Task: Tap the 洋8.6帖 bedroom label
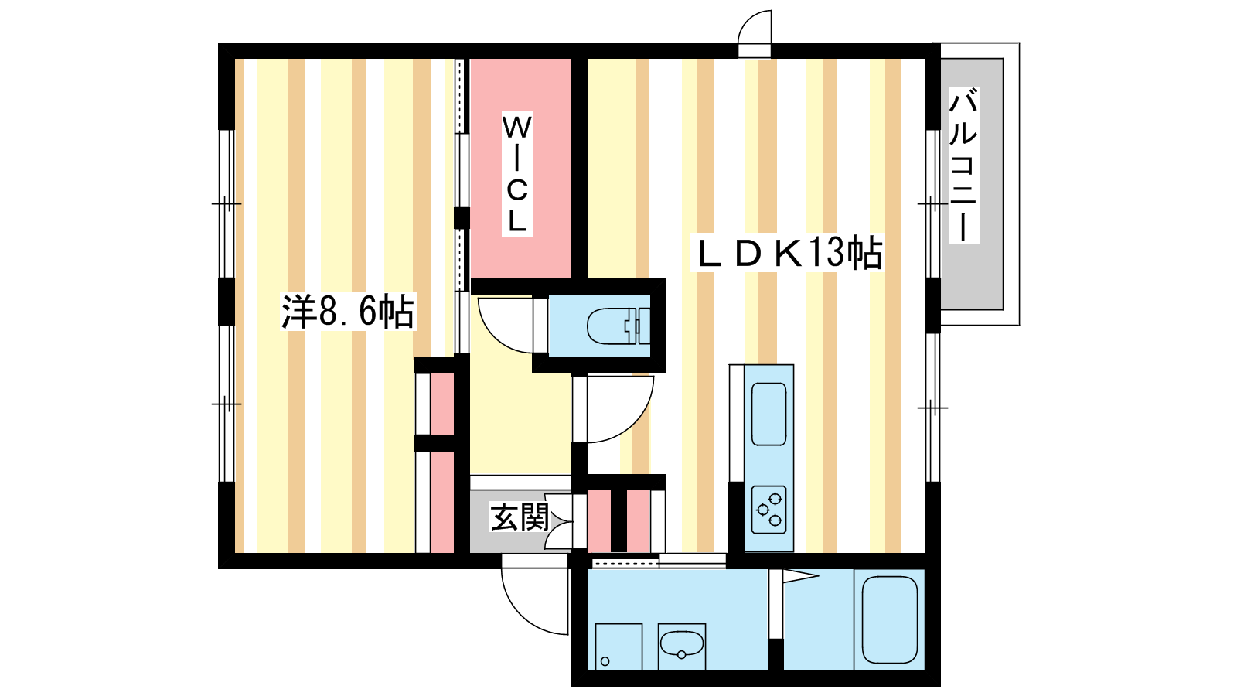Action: [x=348, y=312]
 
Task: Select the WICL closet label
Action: [x=517, y=174]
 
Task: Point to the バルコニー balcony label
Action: [x=963, y=165]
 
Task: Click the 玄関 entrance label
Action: [x=519, y=517]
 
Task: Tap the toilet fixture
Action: [x=618, y=326]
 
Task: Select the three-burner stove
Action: [x=768, y=510]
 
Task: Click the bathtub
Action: [x=890, y=619]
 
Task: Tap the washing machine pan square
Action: [x=618, y=647]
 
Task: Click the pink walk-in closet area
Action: [x=520, y=168]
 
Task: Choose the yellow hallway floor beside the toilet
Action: [x=520, y=420]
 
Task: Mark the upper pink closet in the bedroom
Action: [x=441, y=404]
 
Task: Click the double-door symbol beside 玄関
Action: [x=560, y=521]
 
